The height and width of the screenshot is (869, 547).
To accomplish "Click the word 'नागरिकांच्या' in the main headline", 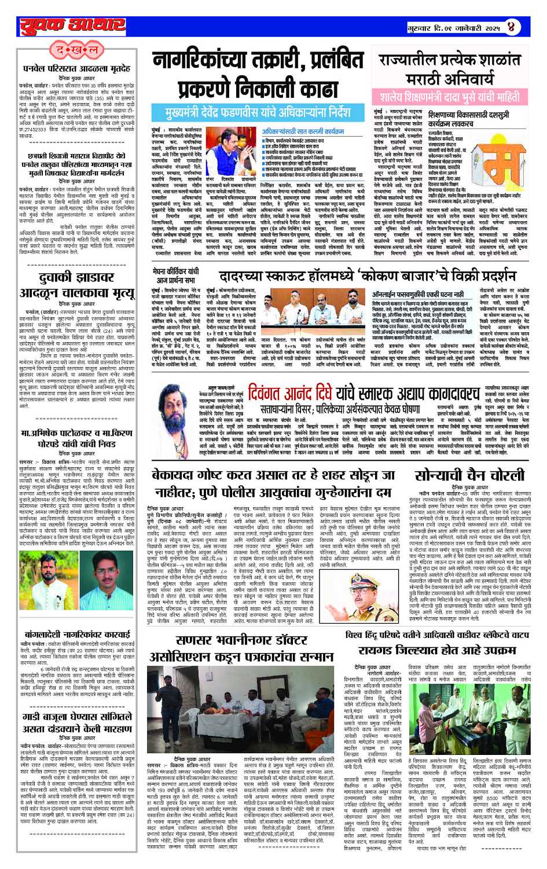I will [212, 63].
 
